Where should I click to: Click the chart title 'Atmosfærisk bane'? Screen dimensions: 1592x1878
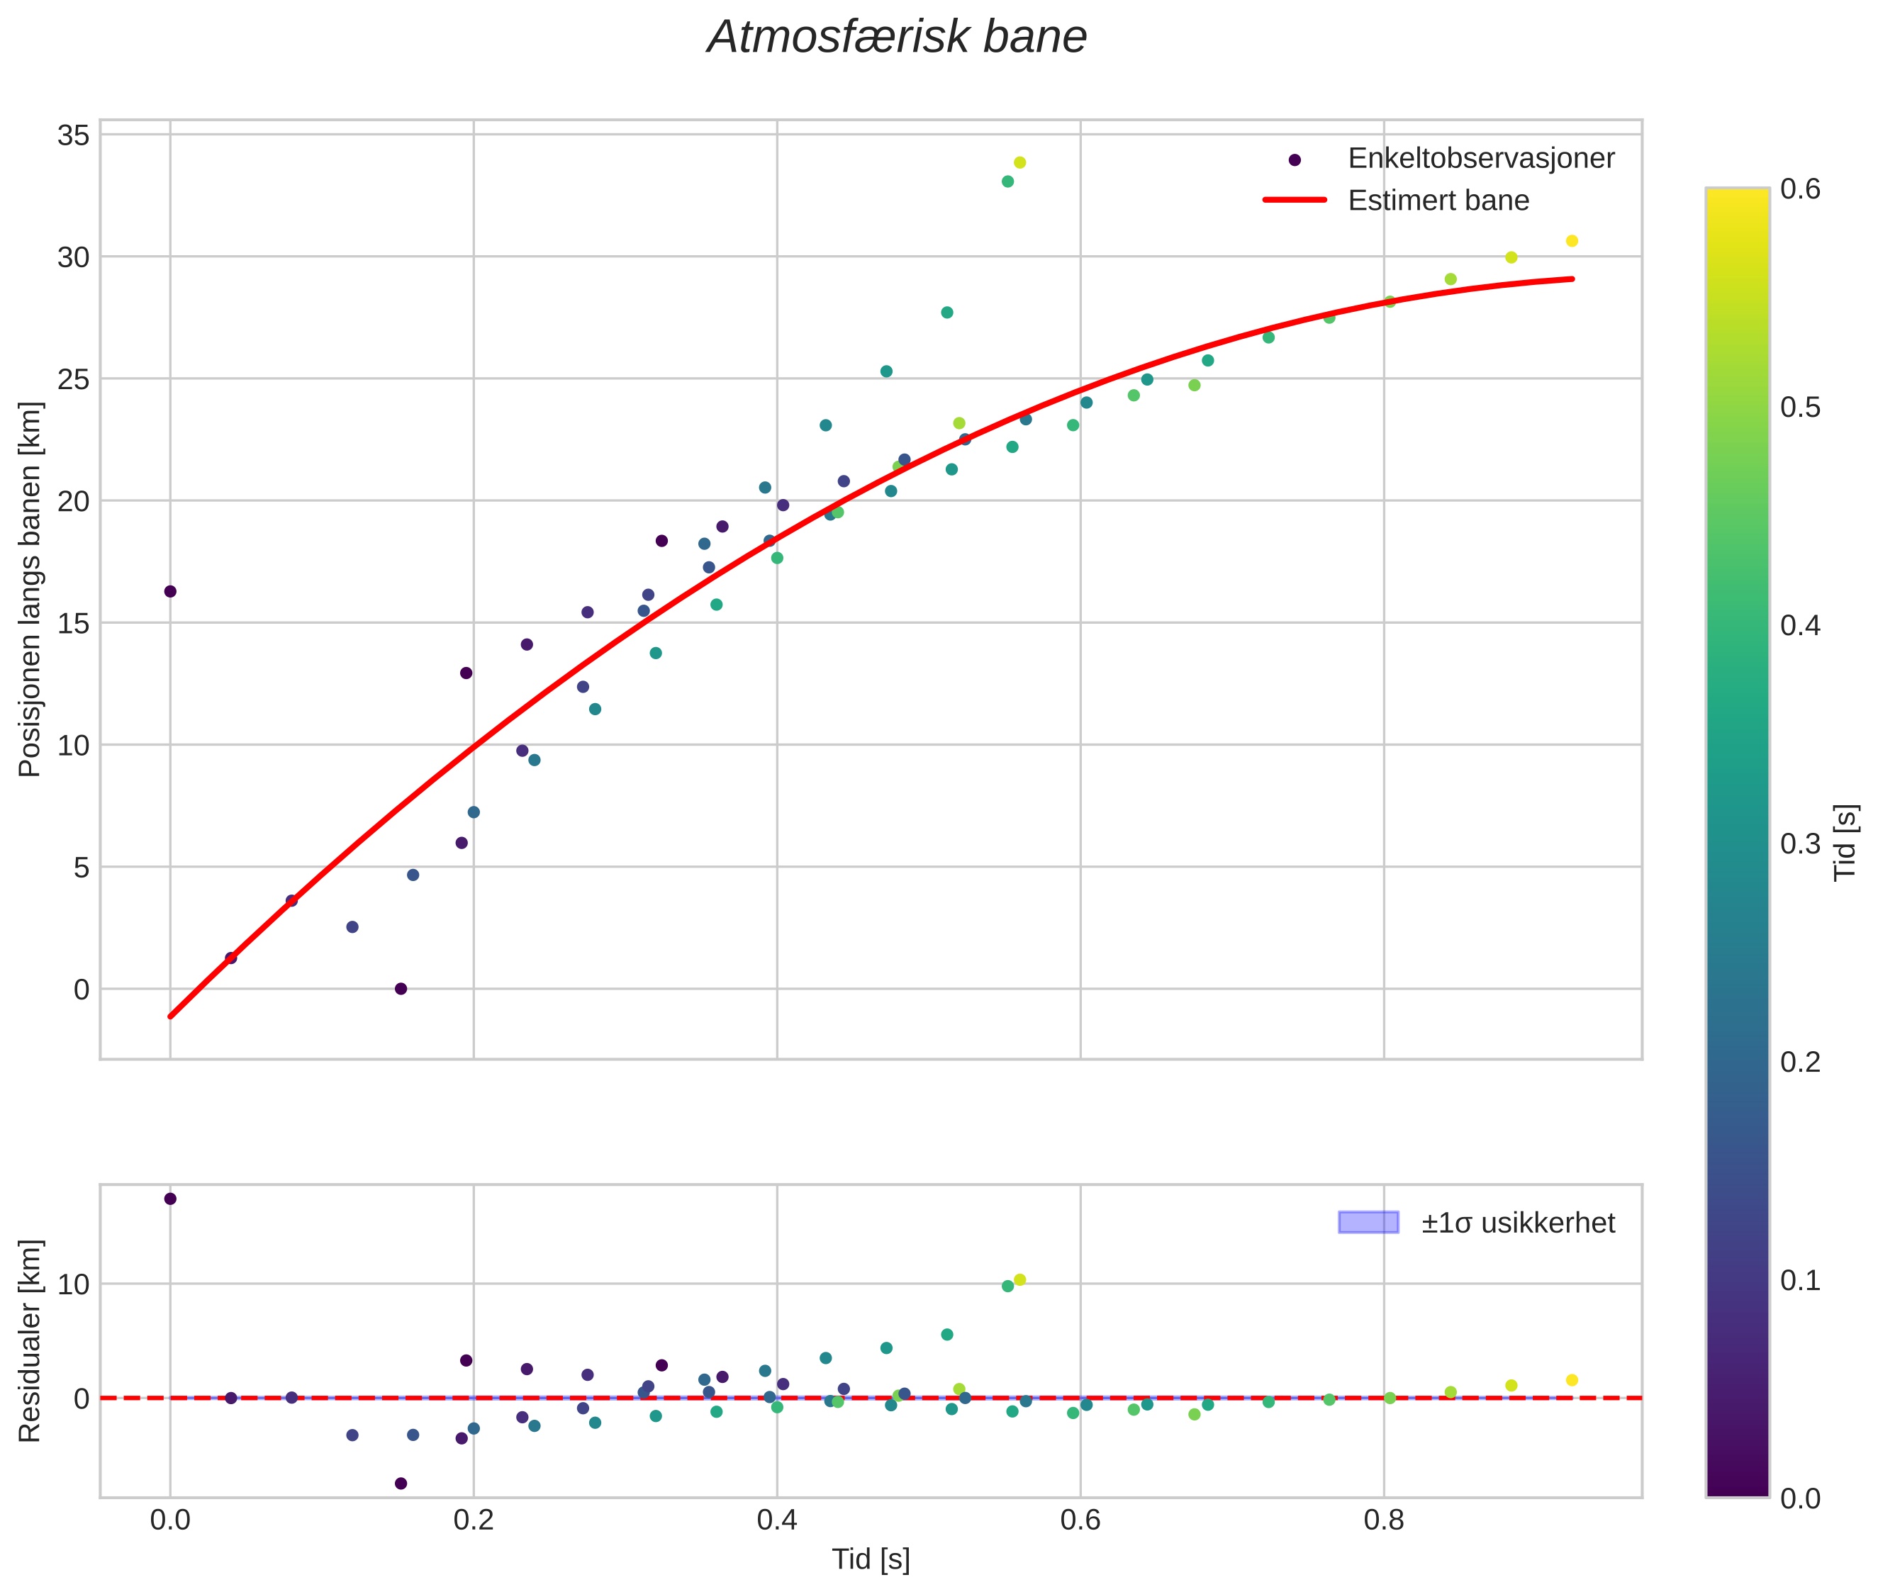pos(896,38)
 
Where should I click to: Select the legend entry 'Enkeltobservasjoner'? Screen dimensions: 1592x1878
pos(1480,158)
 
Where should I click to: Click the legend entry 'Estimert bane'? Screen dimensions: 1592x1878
pos(1438,201)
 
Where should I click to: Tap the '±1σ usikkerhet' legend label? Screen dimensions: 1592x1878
pos(1517,1223)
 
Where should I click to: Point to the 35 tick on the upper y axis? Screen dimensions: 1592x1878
pos(74,135)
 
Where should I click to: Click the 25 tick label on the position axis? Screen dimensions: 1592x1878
pos(74,379)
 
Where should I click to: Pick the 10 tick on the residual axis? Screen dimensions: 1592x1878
pos(74,1284)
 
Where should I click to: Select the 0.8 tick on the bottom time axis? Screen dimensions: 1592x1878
pos(1383,1520)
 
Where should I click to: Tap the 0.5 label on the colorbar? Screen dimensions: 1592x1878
pos(1799,407)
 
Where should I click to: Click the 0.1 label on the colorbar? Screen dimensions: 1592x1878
pos(1799,1279)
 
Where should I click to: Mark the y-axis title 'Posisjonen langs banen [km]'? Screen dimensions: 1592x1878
pos(30,588)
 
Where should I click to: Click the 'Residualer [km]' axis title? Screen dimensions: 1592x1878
pos(30,1341)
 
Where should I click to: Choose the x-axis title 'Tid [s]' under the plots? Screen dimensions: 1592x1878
pos(871,1559)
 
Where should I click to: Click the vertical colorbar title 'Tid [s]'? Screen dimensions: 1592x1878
pos(1846,842)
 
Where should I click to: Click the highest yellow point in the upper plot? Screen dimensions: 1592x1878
pos(1019,162)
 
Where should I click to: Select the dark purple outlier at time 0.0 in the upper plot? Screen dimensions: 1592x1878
pos(169,591)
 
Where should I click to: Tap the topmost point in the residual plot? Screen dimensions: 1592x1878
pos(169,1199)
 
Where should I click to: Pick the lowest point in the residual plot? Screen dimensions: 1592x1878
pos(401,1483)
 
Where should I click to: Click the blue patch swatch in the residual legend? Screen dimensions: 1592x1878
pos(1368,1223)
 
